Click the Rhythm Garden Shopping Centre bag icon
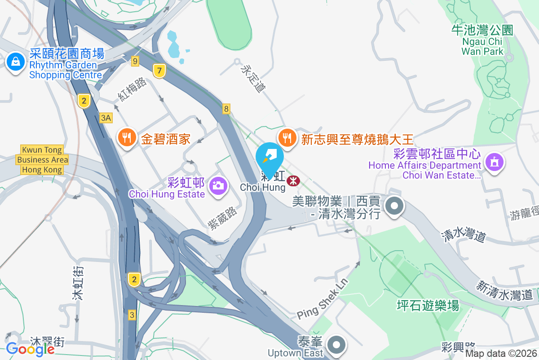pos(16,62)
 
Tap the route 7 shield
pos(159,70)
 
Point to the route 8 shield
pos(226,108)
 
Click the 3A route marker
pos(106,118)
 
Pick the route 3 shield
pos(132,315)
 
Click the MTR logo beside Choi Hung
pos(293,180)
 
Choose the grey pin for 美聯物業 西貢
pos(394,207)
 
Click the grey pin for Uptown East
pos(336,346)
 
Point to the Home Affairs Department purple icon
pos(495,162)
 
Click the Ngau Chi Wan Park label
pos(482,40)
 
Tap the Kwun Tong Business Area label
pos(43,160)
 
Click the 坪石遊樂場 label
pos(428,306)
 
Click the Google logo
pos(30,349)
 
